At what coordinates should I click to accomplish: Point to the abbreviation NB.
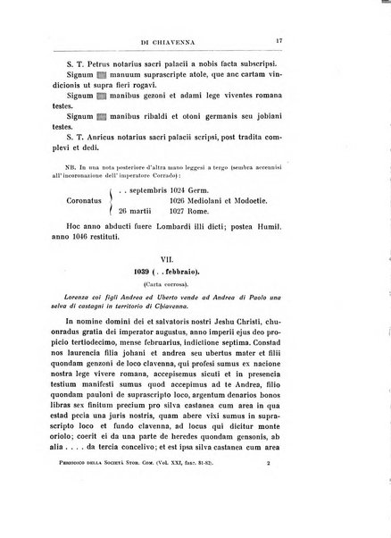point(81,168)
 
